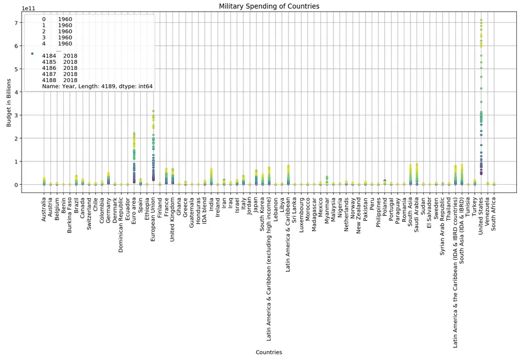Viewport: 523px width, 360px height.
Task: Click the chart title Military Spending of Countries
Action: click(269, 6)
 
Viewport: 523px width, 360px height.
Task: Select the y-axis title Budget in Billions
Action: click(9, 103)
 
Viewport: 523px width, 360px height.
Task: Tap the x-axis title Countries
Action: click(268, 352)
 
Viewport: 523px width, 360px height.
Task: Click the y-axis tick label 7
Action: click(17, 22)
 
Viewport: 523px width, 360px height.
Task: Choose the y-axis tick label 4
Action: click(17, 92)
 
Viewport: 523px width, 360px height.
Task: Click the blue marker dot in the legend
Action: click(32, 53)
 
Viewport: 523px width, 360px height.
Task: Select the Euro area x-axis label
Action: click(134, 210)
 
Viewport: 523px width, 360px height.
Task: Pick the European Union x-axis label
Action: click(153, 219)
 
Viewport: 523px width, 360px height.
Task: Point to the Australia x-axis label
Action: click(44, 210)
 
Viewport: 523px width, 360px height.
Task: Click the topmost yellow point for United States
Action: click(481, 21)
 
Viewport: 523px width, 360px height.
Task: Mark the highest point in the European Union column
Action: click(153, 111)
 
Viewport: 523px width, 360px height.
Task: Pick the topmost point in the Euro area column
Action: click(134, 134)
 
